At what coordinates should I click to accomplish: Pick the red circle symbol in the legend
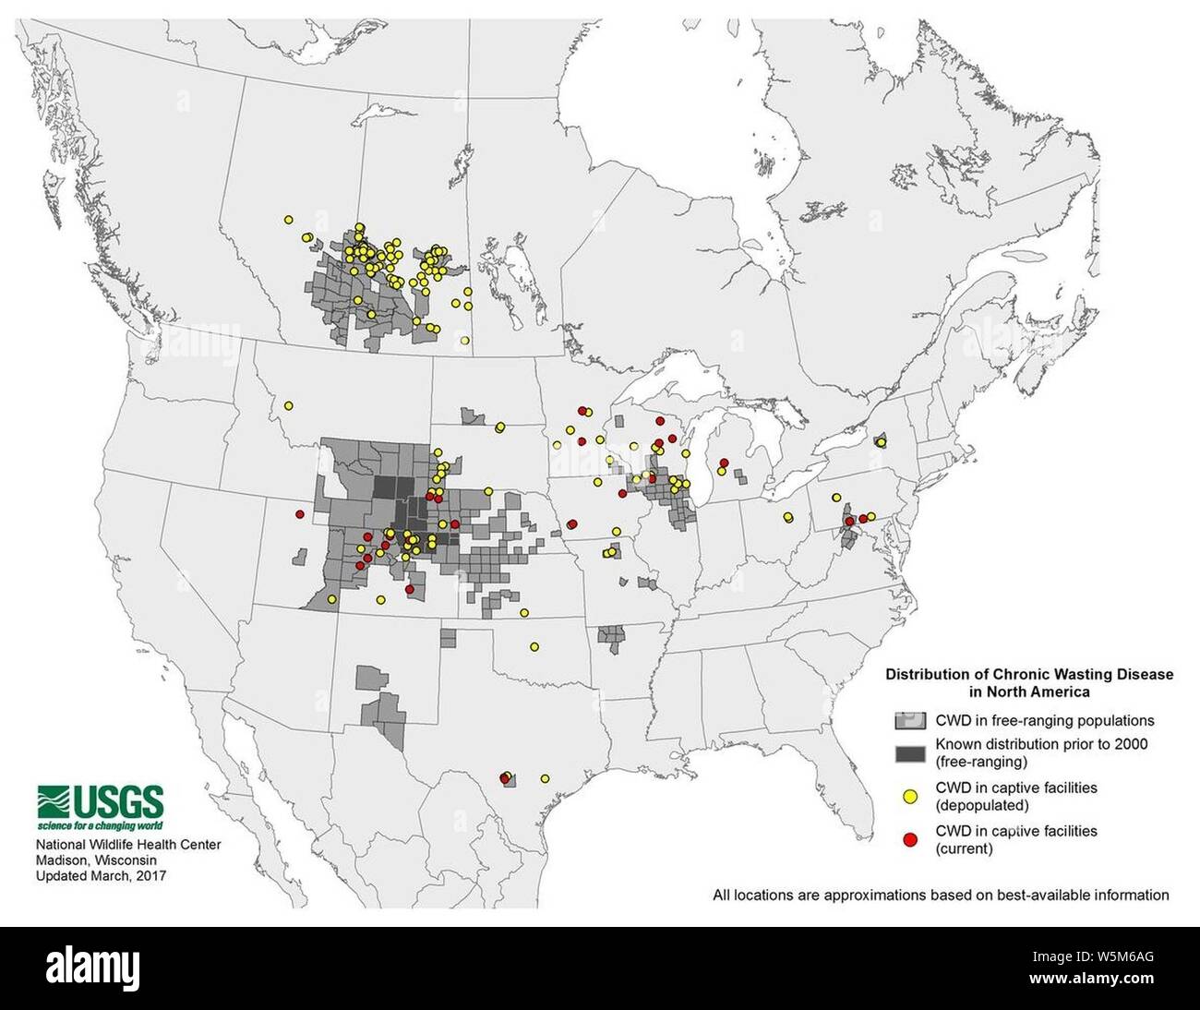909,838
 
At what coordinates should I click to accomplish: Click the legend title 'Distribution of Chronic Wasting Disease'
1029,674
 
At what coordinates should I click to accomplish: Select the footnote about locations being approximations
941,895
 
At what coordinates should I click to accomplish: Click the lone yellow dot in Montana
288,405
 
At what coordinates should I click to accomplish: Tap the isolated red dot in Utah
299,513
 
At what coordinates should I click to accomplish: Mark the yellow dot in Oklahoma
534,646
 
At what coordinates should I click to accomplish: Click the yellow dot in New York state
881,442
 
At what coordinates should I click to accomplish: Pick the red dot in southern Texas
504,778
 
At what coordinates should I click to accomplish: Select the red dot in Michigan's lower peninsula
725,462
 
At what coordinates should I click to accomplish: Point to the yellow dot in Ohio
787,517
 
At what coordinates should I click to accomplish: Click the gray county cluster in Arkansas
611,636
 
